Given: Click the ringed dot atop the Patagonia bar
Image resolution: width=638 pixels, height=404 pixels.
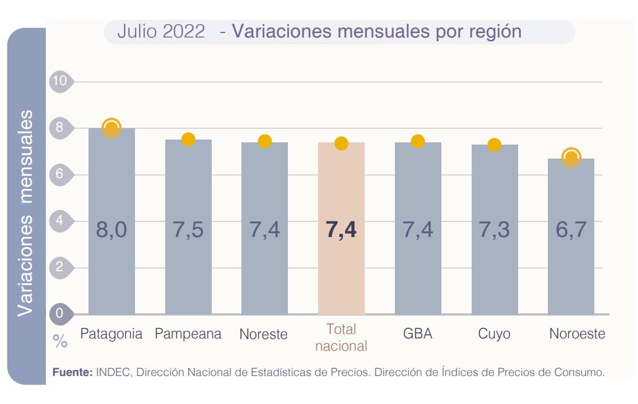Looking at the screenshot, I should [x=111, y=128].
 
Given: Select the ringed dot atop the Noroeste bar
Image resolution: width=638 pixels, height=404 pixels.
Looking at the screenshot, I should [x=571, y=157].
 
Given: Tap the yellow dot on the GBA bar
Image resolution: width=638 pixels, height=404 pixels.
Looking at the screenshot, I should [x=417, y=141].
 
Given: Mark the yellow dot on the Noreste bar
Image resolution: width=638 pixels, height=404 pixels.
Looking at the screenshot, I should [x=264, y=141].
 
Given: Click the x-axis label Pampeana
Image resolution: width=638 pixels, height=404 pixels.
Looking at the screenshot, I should [x=188, y=335].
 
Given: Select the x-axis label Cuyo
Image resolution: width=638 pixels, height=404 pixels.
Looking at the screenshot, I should [x=494, y=335].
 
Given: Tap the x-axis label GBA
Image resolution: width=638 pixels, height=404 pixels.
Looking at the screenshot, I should [x=417, y=335].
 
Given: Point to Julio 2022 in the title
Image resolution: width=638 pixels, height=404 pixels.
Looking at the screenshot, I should [x=161, y=32].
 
